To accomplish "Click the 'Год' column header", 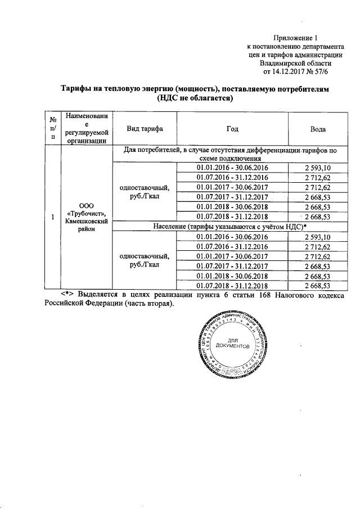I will click(232, 129).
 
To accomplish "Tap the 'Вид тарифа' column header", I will click(145, 129).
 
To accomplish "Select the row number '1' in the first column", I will click(52, 217).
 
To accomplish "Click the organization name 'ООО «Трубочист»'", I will click(84, 212).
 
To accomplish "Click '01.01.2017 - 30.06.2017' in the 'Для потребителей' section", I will click(232, 187).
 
